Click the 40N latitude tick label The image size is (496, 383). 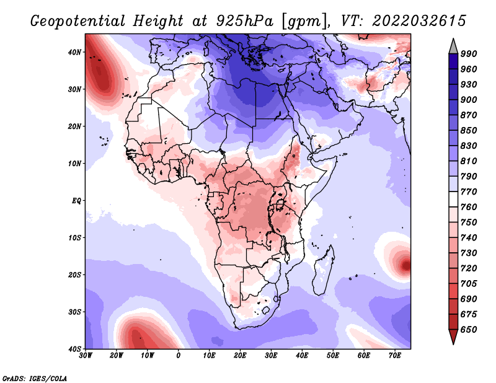[74, 52]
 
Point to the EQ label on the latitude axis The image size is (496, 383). [76, 201]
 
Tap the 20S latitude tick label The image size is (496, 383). [74, 275]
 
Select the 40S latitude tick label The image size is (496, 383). [74, 349]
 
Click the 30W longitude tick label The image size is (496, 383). [86, 356]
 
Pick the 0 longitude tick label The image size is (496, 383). [179, 356]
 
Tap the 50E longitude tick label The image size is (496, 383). [333, 356]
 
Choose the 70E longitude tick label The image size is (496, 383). [395, 356]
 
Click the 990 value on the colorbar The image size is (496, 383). [469, 54]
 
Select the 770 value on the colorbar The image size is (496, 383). [469, 191]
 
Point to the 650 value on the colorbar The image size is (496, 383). [469, 330]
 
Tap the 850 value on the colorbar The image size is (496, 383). [469, 130]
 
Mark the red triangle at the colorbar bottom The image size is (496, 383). [453, 335]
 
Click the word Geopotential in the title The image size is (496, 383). [78, 21]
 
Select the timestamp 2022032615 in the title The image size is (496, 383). [419, 21]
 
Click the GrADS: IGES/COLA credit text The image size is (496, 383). [35, 379]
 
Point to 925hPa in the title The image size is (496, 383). [244, 21]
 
